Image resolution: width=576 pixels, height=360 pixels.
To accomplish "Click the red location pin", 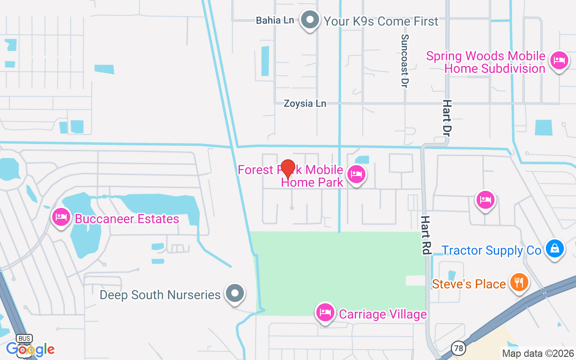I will pos(288,169).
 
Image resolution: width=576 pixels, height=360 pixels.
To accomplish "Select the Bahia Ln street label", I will pos(274,20).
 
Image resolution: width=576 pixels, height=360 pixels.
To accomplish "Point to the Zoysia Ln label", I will pos(305,103).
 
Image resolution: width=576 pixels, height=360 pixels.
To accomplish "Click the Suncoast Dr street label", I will pos(405,61).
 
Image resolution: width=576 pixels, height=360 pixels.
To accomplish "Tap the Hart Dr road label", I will pos(446,118).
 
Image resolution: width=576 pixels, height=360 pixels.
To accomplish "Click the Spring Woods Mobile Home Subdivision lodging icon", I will pos(559,60).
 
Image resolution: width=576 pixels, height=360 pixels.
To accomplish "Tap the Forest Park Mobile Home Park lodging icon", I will pos(356,174).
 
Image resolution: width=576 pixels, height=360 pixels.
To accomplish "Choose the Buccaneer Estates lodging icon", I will pos(61,217).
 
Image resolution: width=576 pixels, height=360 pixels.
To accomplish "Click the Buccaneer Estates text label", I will pos(127,219).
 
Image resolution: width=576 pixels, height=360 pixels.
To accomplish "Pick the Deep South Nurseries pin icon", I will pos(234,294).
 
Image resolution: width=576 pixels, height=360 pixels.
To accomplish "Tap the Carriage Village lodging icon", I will pos(325,312).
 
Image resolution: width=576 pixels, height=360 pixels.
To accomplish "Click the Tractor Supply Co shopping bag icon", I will pos(555,248).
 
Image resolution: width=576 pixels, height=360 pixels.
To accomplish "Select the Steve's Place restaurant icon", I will pos(519,282).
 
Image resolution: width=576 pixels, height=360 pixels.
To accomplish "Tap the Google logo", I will pos(30,349).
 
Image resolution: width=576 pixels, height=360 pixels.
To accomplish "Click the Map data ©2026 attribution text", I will pos(538,353).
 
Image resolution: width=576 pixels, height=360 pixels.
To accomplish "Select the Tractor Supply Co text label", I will pos(491,250).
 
